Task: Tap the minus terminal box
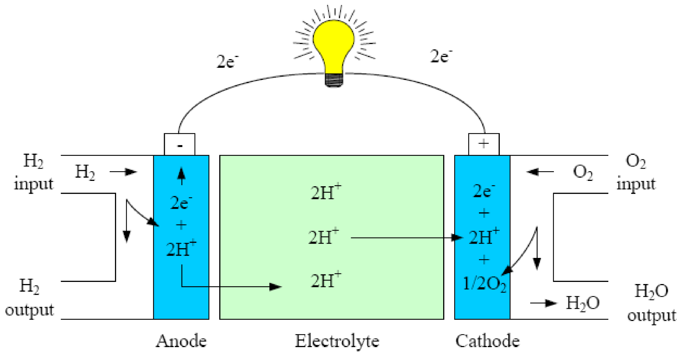[179, 144]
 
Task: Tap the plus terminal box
[484, 144]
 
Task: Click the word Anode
[181, 341]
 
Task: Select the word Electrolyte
[337, 341]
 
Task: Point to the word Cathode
[487, 341]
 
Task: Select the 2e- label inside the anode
[181, 203]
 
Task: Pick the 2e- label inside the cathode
[484, 191]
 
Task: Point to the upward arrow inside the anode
[182, 176]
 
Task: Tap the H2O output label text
[651, 303]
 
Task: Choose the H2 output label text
[29, 298]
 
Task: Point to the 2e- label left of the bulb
[227, 62]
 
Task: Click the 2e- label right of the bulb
[441, 56]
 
